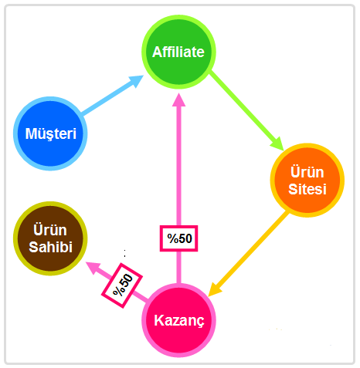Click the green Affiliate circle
click(179, 52)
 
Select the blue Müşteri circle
click(50, 133)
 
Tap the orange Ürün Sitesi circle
click(307, 181)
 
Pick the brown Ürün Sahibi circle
click(50, 238)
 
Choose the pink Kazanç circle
click(179, 320)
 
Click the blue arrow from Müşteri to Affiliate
click(113, 95)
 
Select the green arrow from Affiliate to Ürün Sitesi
click(246, 110)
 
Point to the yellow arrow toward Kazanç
click(248, 254)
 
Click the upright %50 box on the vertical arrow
click(179, 238)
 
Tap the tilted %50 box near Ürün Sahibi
click(122, 285)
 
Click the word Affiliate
click(178, 52)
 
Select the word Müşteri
click(51, 133)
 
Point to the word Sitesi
click(307, 189)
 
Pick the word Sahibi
click(50, 247)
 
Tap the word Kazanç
click(179, 321)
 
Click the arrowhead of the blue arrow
click(136, 80)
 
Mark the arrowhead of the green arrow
click(277, 143)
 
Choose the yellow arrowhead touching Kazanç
click(214, 290)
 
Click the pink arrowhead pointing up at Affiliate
click(179, 100)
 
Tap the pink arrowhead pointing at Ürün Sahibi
click(93, 267)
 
